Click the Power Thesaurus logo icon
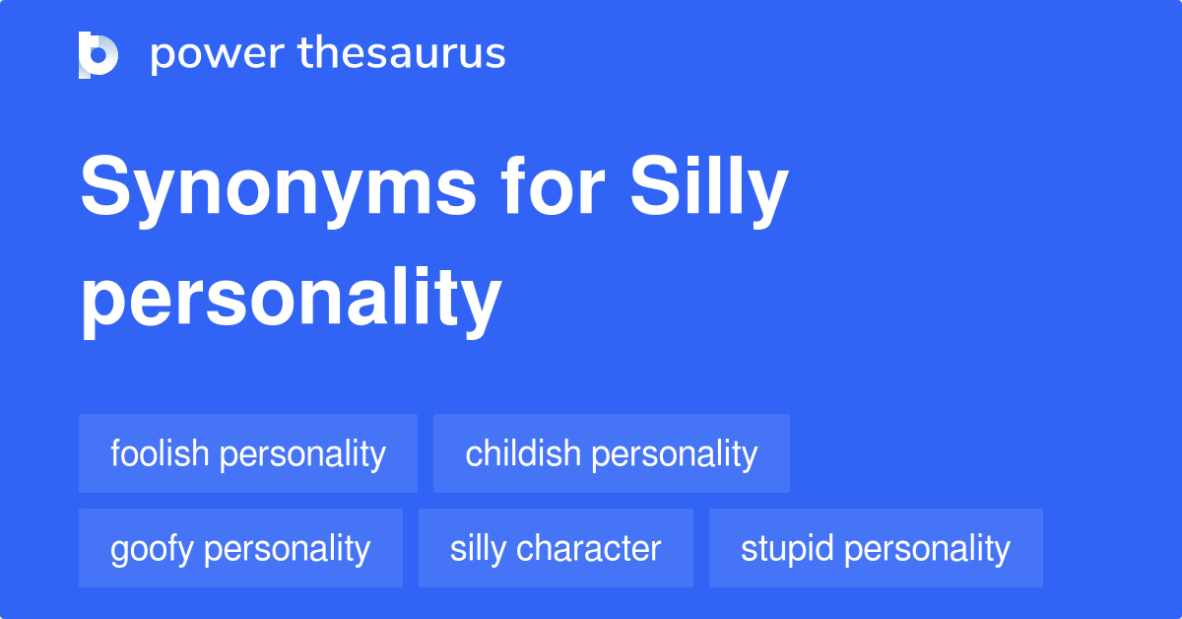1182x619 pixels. click(98, 54)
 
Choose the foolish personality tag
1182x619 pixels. click(248, 453)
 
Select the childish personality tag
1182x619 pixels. click(612, 453)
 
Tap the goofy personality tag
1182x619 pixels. click(240, 548)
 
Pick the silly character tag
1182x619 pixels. click(556, 548)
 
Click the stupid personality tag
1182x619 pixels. click(876, 548)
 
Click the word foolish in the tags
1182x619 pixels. click(160, 453)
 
